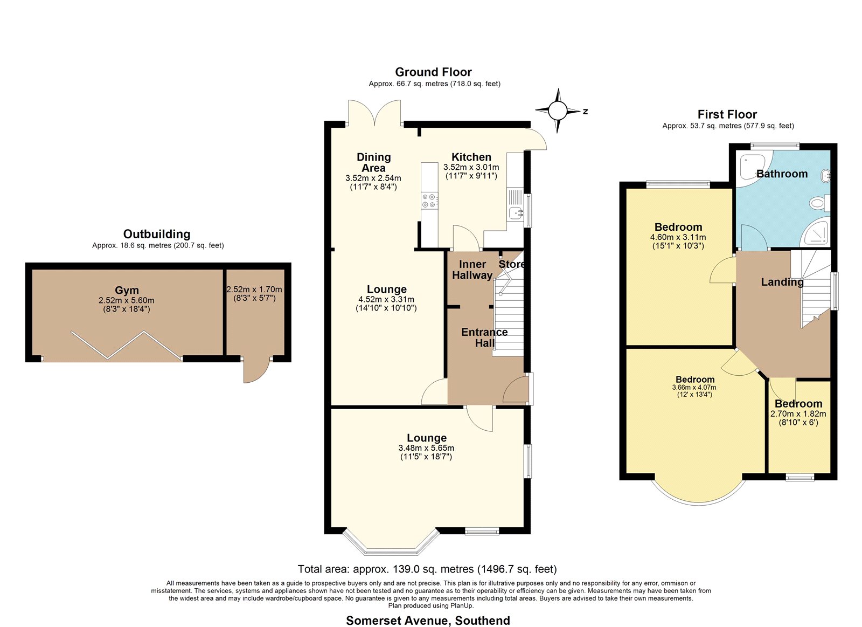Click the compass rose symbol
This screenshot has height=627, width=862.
[x=558, y=111]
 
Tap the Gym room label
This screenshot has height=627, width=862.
[x=127, y=291]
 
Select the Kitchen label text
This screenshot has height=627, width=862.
[x=471, y=157]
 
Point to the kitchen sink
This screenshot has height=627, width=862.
[x=515, y=212]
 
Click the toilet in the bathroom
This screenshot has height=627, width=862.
[x=819, y=203]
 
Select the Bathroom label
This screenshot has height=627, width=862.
[x=782, y=174]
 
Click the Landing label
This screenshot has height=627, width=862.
[x=782, y=282]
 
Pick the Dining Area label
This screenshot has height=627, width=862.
[x=374, y=162]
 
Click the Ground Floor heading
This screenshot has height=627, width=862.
[x=433, y=72]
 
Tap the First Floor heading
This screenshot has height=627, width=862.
[x=727, y=114]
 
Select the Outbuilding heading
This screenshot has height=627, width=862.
[x=157, y=234]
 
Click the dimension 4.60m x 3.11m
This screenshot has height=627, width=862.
[x=678, y=238]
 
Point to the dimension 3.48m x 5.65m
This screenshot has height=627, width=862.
[x=426, y=448]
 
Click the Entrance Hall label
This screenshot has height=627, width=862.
[x=484, y=337]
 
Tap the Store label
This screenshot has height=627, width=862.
[x=511, y=264]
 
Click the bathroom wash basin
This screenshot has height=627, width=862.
[x=826, y=176]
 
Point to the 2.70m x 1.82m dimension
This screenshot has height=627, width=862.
[x=798, y=414]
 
